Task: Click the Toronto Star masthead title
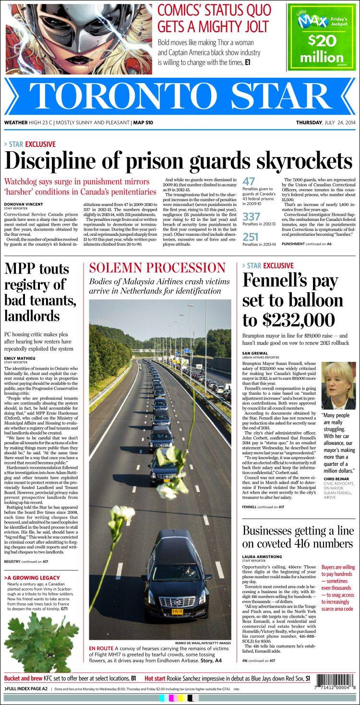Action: pos(180,97)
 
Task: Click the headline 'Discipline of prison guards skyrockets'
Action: pos(178,161)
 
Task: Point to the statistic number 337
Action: pos(251,217)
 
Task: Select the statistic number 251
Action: pos(251,237)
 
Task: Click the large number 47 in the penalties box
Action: pos(249,182)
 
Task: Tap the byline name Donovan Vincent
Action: pos(24,204)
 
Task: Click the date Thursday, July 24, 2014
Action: pos(325,122)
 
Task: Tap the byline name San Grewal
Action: pos(255,353)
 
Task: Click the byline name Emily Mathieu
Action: pos(20,358)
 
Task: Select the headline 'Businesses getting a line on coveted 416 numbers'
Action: pos(298,537)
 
